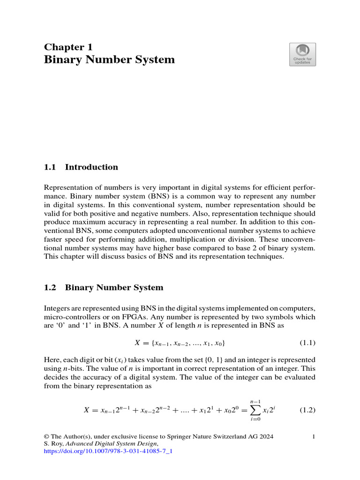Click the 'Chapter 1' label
68,47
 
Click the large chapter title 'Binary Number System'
109,60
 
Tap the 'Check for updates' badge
302,54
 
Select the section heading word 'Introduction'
91,167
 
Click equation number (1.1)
307,343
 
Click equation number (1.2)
307,410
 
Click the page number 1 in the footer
314,437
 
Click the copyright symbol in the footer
46,437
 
